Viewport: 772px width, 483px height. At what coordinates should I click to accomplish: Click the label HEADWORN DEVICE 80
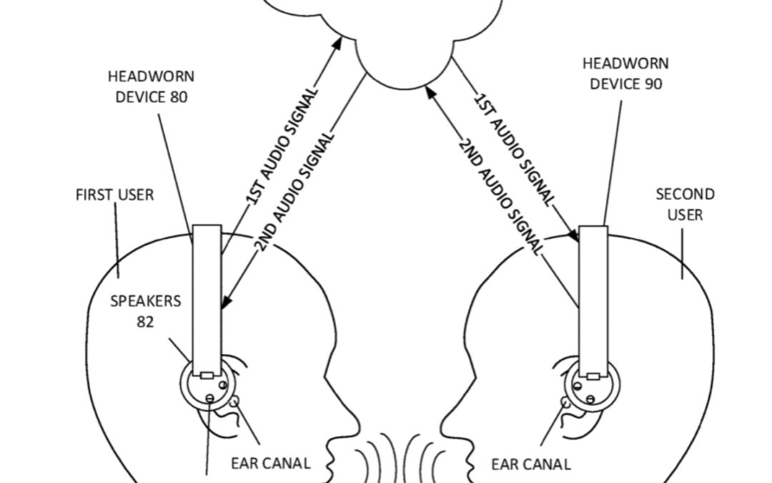pyautogui.click(x=151, y=86)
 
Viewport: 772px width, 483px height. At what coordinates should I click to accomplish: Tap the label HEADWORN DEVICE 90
pyautogui.click(x=625, y=74)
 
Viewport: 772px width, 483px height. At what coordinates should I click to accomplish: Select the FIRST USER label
pyautogui.click(x=114, y=195)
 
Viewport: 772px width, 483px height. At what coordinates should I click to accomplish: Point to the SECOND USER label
pyautogui.click(x=685, y=204)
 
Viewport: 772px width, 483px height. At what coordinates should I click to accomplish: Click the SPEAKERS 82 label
pyautogui.click(x=145, y=311)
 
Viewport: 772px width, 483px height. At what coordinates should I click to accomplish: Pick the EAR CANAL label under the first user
pyautogui.click(x=270, y=463)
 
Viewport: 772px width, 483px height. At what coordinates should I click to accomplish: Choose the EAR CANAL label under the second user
pyautogui.click(x=530, y=464)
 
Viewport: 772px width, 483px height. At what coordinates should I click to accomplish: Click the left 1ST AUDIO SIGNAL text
pyautogui.click(x=282, y=147)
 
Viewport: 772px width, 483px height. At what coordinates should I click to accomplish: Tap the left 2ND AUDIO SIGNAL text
pyautogui.click(x=295, y=192)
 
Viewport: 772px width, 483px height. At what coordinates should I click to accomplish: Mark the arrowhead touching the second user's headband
pyautogui.click(x=573, y=235)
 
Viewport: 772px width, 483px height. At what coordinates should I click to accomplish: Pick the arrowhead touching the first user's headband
pyautogui.click(x=225, y=302)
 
